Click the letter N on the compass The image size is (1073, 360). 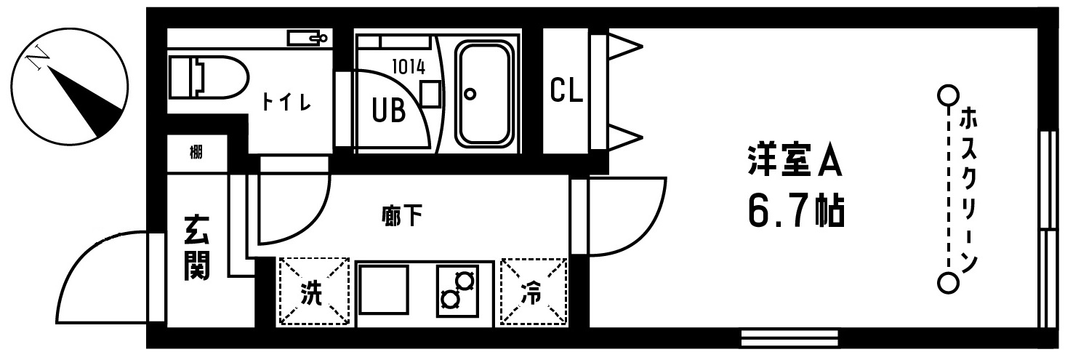point(38,59)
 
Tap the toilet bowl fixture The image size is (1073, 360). point(209,77)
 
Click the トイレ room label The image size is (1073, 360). point(286,102)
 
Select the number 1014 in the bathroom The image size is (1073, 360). point(409,67)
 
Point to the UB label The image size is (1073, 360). point(389,111)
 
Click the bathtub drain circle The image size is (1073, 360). point(470,94)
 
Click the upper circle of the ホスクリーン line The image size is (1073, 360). point(948,109)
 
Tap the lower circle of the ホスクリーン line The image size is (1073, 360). point(948,284)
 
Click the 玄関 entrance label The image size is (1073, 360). point(197,248)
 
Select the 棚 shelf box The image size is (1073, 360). point(197,153)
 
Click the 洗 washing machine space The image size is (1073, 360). point(314,292)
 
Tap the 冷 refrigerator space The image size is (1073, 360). point(534,292)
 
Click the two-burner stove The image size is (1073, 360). point(457,291)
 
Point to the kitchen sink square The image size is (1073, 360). point(384,290)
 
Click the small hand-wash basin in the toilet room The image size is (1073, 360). point(307,37)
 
